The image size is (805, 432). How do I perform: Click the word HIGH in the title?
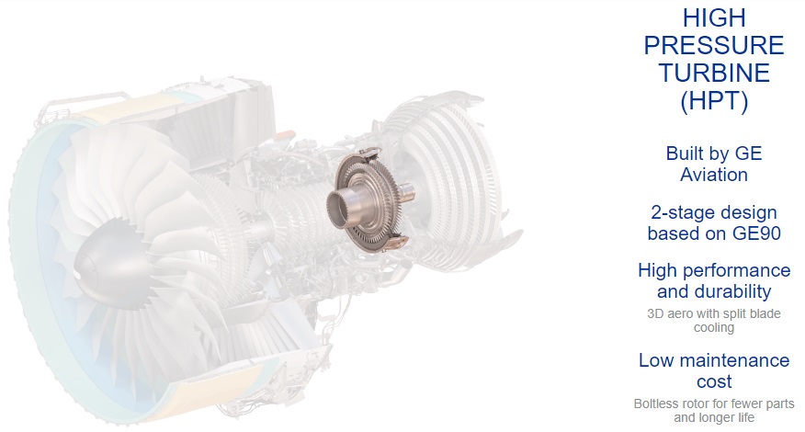[714, 18]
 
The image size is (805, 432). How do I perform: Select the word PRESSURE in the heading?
[714, 46]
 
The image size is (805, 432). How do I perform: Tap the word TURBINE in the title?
[714, 73]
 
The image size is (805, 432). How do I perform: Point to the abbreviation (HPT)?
[714, 101]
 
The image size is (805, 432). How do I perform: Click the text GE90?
[756, 233]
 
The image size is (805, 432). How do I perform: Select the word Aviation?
[714, 175]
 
